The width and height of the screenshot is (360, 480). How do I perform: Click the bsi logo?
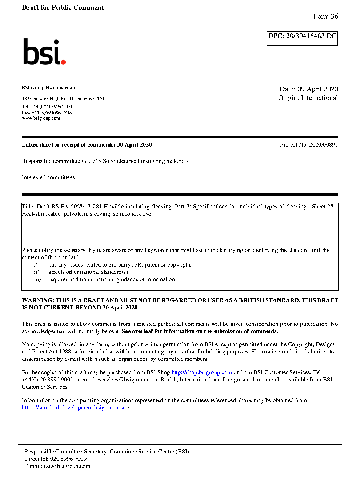click(x=44, y=52)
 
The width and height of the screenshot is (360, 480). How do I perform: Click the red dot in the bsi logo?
click(x=64, y=62)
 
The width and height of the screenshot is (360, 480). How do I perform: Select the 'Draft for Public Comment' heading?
click(x=63, y=8)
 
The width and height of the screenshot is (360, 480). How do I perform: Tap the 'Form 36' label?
click(x=325, y=16)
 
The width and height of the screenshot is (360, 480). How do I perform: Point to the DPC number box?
click(x=302, y=38)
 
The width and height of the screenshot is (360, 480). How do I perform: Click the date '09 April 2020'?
click(x=317, y=89)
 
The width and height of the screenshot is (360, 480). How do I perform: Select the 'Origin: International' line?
click(x=308, y=98)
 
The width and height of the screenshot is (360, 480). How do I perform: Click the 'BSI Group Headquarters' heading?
click(x=48, y=88)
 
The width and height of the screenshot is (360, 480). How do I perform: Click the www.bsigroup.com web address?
click(x=41, y=118)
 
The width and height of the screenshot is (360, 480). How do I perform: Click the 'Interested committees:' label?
click(x=49, y=177)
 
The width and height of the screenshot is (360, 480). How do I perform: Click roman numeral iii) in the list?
click(x=37, y=279)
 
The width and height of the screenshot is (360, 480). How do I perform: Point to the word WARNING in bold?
click(x=37, y=300)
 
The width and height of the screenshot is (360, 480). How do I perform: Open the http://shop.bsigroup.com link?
click(x=201, y=372)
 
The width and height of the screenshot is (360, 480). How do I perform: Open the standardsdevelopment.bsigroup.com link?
click(x=75, y=408)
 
